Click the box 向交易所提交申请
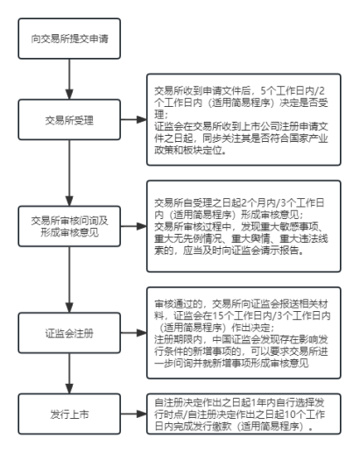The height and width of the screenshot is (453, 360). (x=69, y=39)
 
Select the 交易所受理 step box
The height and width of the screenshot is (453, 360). (x=69, y=120)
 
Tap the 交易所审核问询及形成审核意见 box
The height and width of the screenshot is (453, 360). (x=69, y=226)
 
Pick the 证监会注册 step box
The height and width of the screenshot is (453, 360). (x=69, y=333)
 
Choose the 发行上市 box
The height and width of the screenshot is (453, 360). (x=69, y=414)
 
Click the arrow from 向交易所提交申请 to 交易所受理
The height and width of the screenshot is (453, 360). (x=69, y=79)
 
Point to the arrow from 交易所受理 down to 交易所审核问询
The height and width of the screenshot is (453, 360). (x=69, y=173)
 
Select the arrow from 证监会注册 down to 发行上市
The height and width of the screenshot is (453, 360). (x=69, y=373)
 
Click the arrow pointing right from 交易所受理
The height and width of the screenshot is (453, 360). (x=133, y=119)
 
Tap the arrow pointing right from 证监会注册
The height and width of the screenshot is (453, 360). (x=133, y=333)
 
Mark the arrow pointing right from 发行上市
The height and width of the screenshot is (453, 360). (x=133, y=414)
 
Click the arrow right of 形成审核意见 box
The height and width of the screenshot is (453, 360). (x=133, y=226)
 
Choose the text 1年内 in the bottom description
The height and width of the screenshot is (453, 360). (x=264, y=403)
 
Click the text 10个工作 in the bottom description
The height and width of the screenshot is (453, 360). (x=304, y=414)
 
